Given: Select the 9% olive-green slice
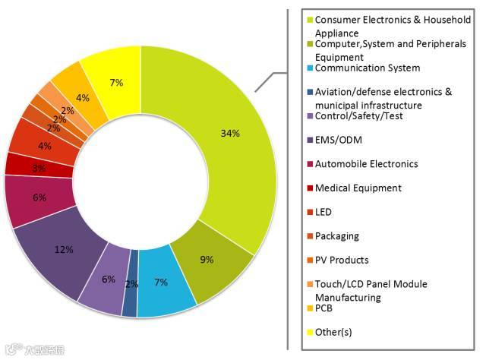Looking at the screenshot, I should tap(207, 258).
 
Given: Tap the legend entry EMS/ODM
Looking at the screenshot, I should tap(339, 139).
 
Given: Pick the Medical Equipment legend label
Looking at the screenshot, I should tap(358, 188).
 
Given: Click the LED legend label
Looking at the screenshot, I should tap(324, 212).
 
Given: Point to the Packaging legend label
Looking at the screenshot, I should tap(337, 236).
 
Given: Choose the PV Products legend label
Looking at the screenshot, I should tap(342, 260).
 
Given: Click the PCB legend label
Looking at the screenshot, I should tap(324, 308).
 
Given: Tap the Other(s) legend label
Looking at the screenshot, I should tap(333, 332).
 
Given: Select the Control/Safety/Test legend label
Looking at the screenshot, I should tap(358, 115).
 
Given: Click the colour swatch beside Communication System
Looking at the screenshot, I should tap(309, 68).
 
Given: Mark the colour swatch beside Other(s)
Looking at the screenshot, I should tap(309, 332).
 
